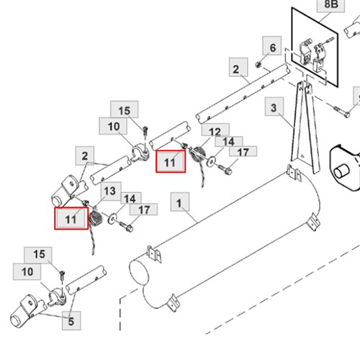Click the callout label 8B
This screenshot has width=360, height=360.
point(330,5)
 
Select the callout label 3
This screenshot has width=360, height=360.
point(274,107)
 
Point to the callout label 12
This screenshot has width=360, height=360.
point(215,131)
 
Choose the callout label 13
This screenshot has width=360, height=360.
point(111,192)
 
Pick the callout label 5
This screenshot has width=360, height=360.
point(71,320)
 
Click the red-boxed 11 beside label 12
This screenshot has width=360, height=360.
point(171,161)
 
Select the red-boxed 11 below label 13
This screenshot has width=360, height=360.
point(71,218)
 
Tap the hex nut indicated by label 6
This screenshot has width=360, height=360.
point(258,64)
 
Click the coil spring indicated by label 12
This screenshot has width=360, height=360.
point(199,155)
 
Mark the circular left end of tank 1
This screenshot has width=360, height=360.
point(139,272)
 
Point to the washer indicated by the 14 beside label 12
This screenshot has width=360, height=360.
point(211,161)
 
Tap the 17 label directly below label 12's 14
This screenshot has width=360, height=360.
point(243,151)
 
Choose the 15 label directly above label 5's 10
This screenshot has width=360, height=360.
point(38,255)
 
